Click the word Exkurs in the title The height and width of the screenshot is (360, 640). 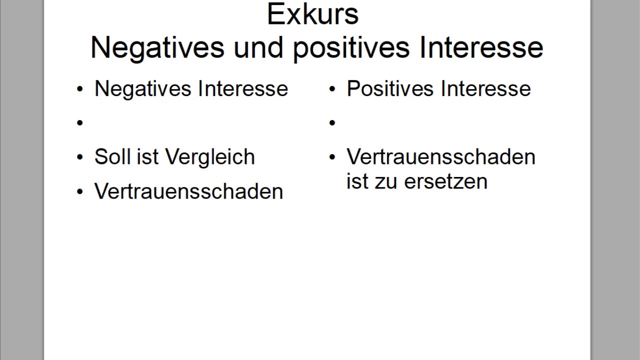313,14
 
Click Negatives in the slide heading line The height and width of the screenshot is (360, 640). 157,47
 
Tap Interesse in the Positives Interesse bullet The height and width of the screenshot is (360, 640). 485,89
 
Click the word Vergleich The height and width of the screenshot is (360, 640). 210,157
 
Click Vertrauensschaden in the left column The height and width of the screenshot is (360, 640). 188,191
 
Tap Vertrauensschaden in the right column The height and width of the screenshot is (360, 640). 440,157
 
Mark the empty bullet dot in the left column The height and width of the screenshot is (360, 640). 80,122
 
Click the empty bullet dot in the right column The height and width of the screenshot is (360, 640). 332,122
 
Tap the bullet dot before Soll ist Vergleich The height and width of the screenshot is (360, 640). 80,157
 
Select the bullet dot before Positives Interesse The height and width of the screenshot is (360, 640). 332,89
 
